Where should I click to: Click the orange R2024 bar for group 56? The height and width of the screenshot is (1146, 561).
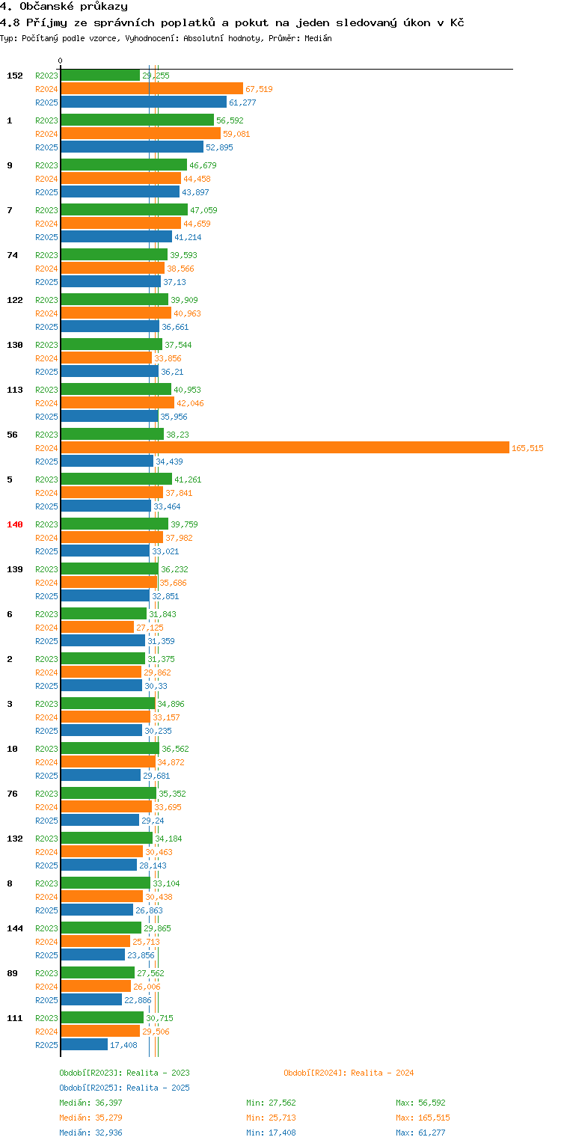(x=284, y=447)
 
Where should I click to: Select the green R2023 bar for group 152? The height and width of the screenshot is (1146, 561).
(x=100, y=75)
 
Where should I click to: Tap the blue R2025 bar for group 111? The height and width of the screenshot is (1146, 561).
(x=84, y=1044)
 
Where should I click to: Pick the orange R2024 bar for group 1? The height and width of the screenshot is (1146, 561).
(x=141, y=133)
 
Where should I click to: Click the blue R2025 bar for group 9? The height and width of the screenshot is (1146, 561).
(x=120, y=191)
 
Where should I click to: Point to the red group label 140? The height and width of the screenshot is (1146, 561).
(x=15, y=524)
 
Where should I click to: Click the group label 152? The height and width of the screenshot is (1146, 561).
(x=15, y=76)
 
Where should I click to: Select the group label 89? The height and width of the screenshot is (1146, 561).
(x=13, y=973)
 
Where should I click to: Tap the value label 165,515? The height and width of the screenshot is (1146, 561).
(x=527, y=448)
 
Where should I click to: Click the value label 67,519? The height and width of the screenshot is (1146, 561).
(x=259, y=89)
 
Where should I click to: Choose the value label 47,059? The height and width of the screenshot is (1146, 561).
(x=203, y=210)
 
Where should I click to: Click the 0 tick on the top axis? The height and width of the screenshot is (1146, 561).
(x=61, y=61)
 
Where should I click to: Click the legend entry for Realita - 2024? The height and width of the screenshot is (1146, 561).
(x=349, y=1073)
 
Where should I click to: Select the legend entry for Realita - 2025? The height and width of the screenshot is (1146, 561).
(x=124, y=1088)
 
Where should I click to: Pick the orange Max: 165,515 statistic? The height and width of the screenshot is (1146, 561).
(x=423, y=1118)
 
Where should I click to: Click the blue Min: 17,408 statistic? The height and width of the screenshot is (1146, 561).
(x=271, y=1133)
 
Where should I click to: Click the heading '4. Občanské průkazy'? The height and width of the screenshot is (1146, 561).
(x=64, y=7)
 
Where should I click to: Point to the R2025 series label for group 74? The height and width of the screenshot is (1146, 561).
(x=46, y=282)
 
